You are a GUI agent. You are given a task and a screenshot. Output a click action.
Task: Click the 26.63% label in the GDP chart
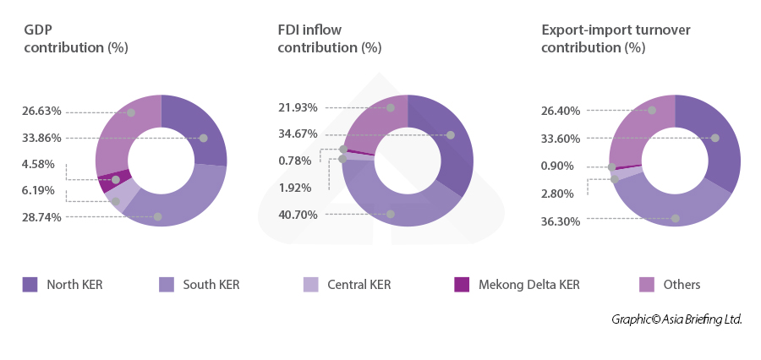(x=41, y=111)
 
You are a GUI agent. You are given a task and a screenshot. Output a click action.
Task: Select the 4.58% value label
(x=39, y=164)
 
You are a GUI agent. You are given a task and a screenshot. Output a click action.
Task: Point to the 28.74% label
(x=41, y=217)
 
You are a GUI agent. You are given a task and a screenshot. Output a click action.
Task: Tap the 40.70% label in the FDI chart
(x=298, y=215)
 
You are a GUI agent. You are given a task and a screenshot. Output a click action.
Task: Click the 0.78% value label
(x=294, y=161)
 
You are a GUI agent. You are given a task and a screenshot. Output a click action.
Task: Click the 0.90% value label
(x=556, y=166)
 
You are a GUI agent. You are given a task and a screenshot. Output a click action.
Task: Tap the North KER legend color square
(x=30, y=285)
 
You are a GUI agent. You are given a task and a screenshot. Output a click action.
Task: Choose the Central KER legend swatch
(x=310, y=285)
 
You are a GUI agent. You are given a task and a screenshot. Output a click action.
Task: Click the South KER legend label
(x=211, y=285)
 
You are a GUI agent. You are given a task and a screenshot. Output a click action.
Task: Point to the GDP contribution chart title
(x=75, y=39)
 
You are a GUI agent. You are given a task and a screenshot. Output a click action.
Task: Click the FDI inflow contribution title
(x=330, y=39)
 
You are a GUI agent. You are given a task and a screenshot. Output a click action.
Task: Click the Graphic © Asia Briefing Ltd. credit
(x=676, y=319)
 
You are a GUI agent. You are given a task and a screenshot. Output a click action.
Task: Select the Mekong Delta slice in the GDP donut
(x=121, y=178)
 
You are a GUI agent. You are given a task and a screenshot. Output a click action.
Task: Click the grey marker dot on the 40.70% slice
(x=391, y=215)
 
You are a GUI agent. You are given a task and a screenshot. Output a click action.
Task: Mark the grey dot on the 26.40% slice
(x=652, y=110)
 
